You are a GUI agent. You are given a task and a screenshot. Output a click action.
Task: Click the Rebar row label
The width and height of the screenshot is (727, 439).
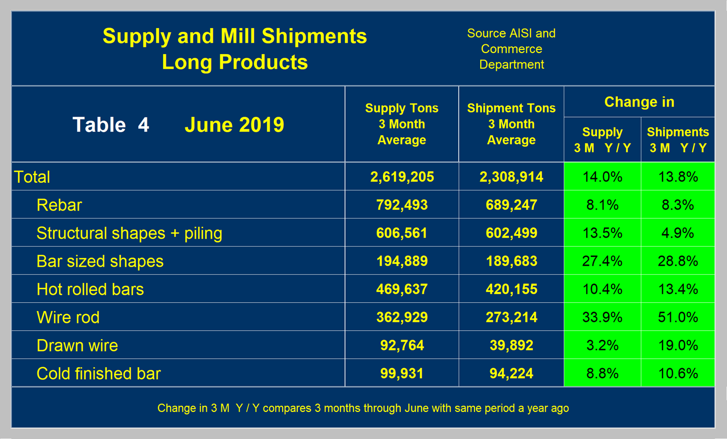point(59,205)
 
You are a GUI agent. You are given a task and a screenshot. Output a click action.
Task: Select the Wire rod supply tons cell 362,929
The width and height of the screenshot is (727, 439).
point(402,317)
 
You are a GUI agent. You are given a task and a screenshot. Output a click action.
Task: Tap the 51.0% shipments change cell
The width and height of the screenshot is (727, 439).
point(678,317)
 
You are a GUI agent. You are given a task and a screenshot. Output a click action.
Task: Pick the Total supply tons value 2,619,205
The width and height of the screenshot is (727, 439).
point(402,177)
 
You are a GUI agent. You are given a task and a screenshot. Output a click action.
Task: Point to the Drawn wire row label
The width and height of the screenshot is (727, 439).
point(77,345)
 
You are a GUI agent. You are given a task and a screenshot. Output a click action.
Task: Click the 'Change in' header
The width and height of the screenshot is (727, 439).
point(639,102)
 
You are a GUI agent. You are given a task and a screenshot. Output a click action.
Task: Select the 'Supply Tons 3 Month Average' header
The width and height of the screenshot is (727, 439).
point(402,124)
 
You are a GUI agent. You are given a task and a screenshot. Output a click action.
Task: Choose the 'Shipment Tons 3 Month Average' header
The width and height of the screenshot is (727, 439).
point(511,124)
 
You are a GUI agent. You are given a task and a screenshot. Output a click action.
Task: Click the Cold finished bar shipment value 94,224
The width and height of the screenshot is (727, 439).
point(511,373)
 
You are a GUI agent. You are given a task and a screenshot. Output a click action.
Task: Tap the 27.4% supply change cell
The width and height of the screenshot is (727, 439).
point(602,261)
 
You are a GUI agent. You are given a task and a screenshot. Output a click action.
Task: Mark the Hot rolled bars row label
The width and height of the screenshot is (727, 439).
point(90,289)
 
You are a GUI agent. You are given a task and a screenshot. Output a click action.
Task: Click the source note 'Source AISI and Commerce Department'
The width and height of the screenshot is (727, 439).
point(511,49)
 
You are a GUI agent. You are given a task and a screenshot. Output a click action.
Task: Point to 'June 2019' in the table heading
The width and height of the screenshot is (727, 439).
point(234,125)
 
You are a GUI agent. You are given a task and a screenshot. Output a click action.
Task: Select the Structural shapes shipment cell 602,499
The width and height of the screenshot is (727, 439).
point(511,233)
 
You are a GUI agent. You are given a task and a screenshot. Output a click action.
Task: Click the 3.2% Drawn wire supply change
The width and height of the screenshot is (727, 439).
point(602,345)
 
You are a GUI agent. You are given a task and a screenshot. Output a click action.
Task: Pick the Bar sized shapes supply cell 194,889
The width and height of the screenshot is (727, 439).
point(402,261)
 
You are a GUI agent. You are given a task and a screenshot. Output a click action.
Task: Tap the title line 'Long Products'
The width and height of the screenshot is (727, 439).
point(235,62)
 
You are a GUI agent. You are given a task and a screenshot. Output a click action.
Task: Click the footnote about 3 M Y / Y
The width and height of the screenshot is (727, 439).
point(363,408)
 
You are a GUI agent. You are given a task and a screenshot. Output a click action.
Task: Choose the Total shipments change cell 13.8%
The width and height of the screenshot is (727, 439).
point(678,177)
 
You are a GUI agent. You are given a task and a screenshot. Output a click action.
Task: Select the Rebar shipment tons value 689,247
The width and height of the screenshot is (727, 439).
point(511,205)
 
